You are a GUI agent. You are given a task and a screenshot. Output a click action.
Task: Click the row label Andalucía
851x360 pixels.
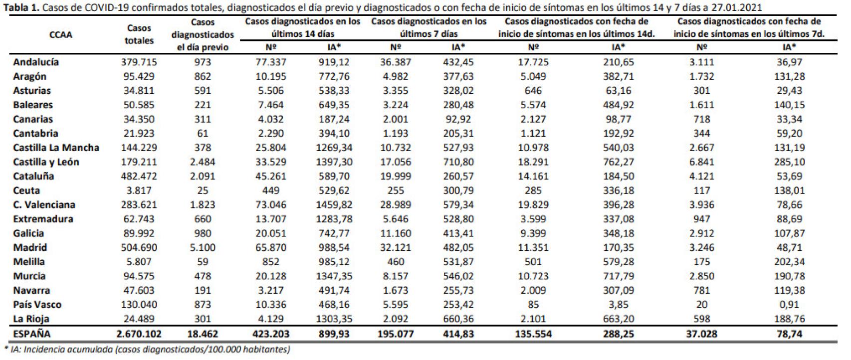pyautogui.click(x=36, y=62)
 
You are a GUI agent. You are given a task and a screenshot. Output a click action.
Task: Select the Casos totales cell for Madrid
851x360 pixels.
pyautogui.click(x=139, y=248)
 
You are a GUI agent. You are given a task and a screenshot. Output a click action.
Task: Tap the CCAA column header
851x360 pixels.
pyautogui.click(x=61, y=34)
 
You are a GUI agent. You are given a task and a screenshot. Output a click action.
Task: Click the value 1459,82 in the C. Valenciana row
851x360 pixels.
pyautogui.click(x=334, y=205)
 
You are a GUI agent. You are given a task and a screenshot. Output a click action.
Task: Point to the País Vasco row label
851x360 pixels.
pyautogui.click(x=37, y=305)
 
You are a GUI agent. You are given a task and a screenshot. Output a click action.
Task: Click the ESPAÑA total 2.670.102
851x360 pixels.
pyautogui.click(x=139, y=334)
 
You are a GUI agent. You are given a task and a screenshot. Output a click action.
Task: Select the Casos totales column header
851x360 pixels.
pyautogui.click(x=139, y=34)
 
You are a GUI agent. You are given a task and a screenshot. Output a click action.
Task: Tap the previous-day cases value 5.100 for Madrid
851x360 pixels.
pyautogui.click(x=203, y=248)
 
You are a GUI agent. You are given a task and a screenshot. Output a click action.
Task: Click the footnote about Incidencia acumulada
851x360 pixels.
pyautogui.click(x=147, y=350)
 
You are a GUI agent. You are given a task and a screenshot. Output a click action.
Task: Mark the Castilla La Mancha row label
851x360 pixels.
pyautogui.click(x=56, y=148)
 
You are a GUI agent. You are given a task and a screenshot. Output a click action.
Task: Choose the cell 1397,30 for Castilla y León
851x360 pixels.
pyautogui.click(x=334, y=162)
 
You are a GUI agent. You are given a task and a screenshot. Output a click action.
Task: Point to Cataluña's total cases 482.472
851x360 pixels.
pyautogui.click(x=139, y=176)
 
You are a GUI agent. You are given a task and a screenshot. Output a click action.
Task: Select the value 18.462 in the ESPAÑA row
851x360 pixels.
pyautogui.click(x=203, y=334)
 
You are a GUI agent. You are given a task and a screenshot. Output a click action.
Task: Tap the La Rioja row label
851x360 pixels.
pyautogui.click(x=31, y=319)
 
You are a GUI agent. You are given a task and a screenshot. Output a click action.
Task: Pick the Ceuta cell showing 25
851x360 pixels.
pyautogui.click(x=203, y=190)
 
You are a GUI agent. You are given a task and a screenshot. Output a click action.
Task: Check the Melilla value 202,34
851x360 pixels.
pyautogui.click(x=790, y=262)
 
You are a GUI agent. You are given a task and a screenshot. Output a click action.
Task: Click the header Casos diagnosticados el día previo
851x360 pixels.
pyautogui.click(x=203, y=34)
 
